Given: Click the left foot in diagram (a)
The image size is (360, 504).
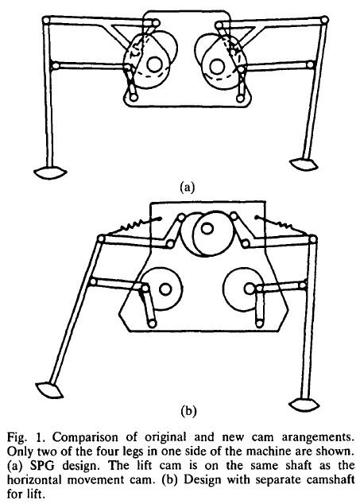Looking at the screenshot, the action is [x=50, y=173].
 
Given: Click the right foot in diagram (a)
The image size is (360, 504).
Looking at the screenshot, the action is [x=304, y=164].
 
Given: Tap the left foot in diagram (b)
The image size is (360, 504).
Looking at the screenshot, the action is [x=49, y=390].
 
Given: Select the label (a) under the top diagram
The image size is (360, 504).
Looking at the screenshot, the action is [x=187, y=187].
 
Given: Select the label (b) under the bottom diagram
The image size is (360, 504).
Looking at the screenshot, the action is [x=188, y=411].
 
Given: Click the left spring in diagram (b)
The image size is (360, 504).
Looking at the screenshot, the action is [x=133, y=227].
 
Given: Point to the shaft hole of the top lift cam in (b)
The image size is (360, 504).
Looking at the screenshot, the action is [x=207, y=228].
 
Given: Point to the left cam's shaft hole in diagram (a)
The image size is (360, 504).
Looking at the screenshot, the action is [x=154, y=64].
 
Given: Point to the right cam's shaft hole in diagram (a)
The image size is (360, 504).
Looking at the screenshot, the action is [x=216, y=65].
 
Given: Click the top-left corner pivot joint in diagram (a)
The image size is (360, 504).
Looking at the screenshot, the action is [x=47, y=20].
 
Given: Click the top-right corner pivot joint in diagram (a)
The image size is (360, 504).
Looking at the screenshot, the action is [x=324, y=20].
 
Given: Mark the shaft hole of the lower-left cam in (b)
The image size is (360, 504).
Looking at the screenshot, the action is [x=165, y=289].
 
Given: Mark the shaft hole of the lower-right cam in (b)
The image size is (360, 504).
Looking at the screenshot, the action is [x=250, y=289].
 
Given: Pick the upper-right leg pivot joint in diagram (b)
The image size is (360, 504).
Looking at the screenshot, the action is [x=313, y=239].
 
